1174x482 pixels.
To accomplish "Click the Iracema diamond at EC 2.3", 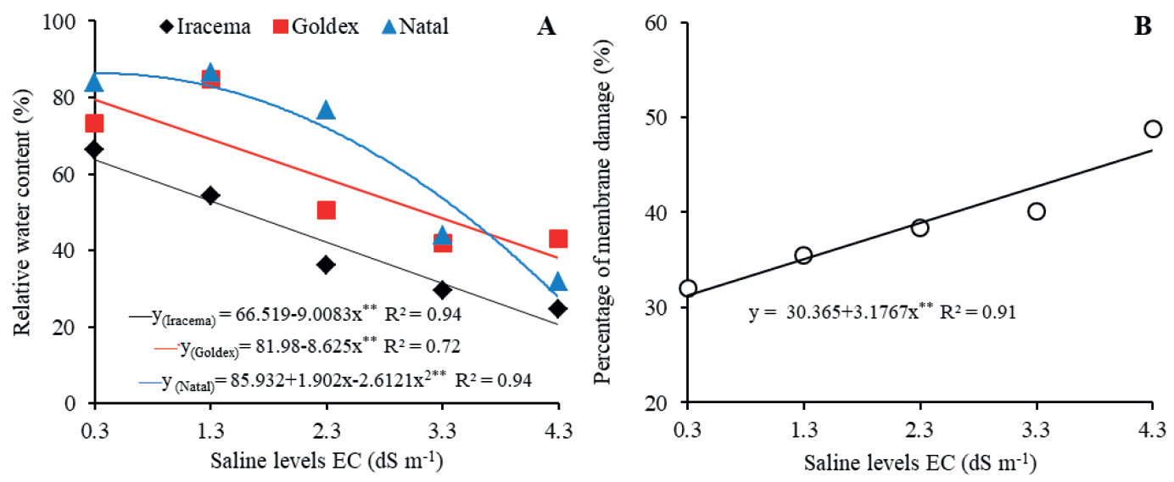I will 326,265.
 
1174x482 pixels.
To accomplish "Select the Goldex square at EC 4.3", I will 557,239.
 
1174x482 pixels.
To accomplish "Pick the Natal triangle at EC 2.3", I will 326,109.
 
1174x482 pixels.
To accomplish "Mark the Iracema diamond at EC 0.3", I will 94,149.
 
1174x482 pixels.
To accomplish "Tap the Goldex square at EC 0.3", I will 94,124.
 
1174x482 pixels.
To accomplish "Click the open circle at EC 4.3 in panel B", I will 1152,129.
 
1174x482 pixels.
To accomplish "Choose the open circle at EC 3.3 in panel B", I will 1036,211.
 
